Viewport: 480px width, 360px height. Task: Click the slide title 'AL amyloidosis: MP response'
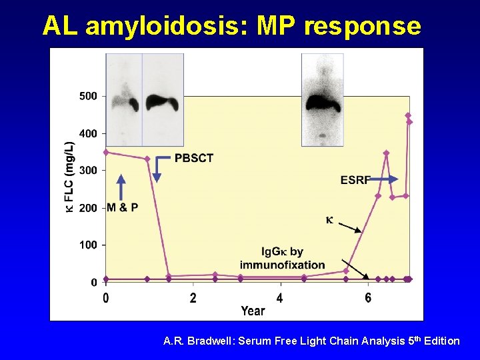(x=231, y=26)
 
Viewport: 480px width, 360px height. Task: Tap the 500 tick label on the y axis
(x=88, y=96)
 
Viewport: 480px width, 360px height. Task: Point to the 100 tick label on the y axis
(x=88, y=245)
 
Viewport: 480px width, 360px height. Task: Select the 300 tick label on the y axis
(x=88, y=171)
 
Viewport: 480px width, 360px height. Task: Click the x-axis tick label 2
(x=193, y=298)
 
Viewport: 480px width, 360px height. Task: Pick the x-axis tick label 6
(x=369, y=298)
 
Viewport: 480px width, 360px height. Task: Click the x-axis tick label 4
(x=280, y=298)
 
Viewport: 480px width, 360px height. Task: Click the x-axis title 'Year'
(x=253, y=311)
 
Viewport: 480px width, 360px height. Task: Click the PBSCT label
(x=194, y=158)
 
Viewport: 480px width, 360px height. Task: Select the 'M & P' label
(x=123, y=207)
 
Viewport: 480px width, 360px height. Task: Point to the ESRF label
(x=355, y=179)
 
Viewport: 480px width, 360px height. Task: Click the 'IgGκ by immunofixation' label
(x=283, y=258)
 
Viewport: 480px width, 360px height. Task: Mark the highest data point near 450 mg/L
(x=408, y=115)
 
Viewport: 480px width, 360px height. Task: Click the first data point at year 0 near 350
(x=106, y=152)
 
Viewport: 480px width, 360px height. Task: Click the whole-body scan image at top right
(x=322, y=99)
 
